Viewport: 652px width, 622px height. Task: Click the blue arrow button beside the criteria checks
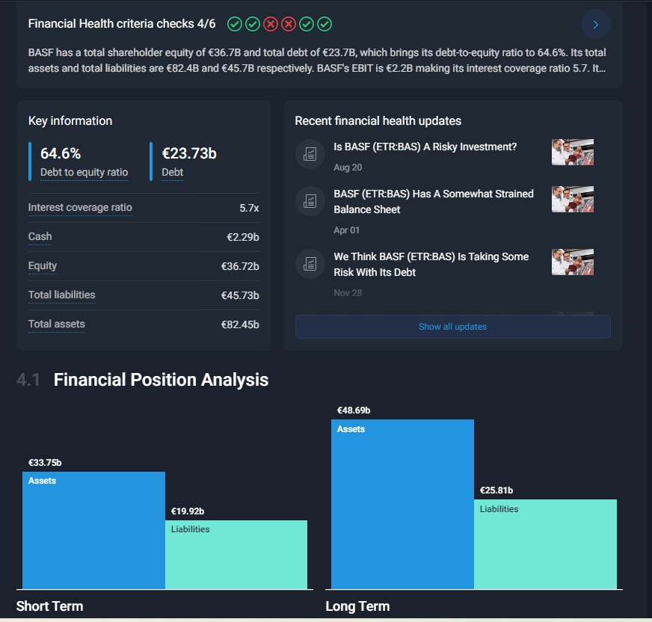click(x=595, y=25)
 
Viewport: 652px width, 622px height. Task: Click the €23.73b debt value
click(x=189, y=154)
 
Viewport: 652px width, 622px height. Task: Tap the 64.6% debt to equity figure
click(x=61, y=154)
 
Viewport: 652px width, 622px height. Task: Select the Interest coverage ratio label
click(x=80, y=207)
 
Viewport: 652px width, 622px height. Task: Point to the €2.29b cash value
click(x=242, y=237)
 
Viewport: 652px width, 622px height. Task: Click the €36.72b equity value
click(x=239, y=266)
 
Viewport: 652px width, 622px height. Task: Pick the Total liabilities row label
click(x=62, y=295)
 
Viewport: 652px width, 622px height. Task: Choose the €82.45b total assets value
click(x=239, y=324)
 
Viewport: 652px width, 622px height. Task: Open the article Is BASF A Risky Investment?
click(x=425, y=147)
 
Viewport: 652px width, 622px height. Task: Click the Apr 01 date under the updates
click(x=346, y=230)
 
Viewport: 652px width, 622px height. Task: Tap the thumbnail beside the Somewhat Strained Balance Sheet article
click(x=572, y=200)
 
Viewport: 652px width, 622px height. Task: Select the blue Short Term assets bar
click(x=93, y=531)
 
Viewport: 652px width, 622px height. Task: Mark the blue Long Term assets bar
click(x=402, y=505)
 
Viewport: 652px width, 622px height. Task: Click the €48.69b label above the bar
click(x=354, y=410)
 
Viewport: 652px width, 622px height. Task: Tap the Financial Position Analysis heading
click(x=161, y=380)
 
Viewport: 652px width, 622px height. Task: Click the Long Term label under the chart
click(x=357, y=606)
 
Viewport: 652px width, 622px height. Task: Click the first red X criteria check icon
click(x=271, y=24)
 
